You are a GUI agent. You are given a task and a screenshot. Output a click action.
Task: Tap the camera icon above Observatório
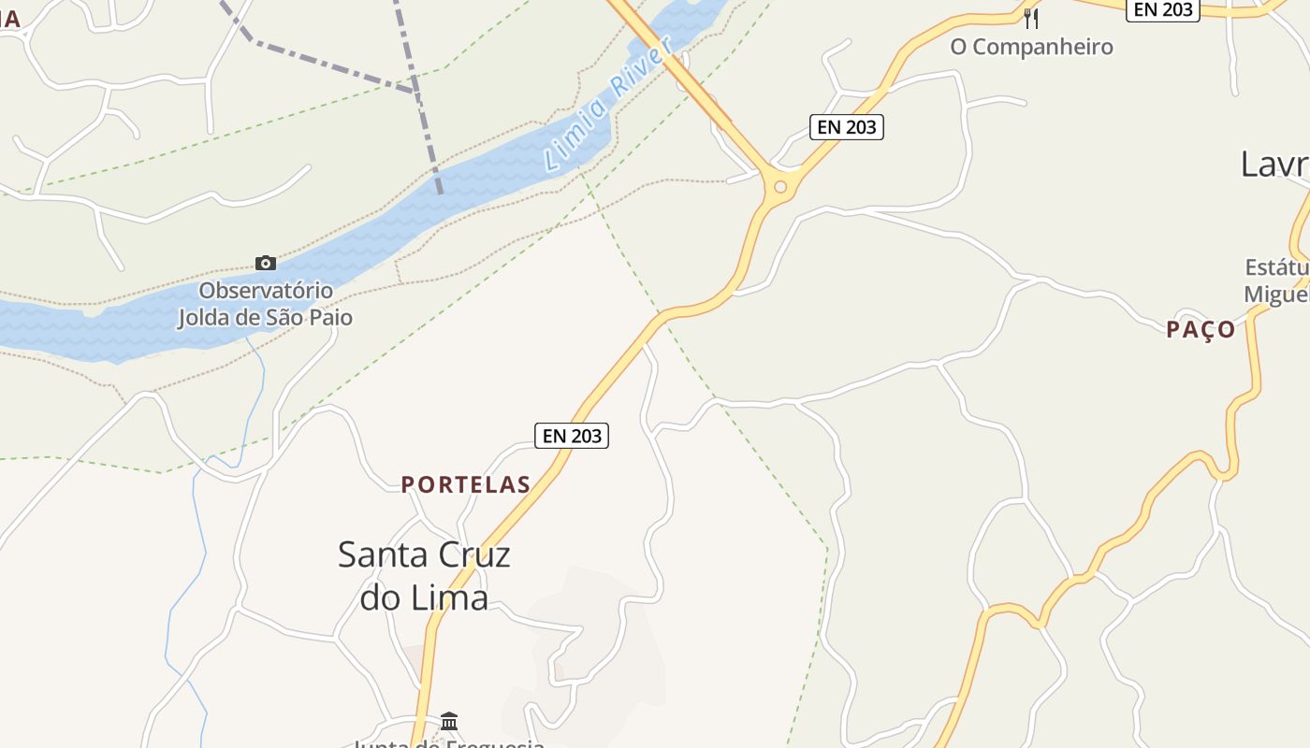(x=266, y=263)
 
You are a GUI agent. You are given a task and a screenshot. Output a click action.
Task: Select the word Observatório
(x=266, y=291)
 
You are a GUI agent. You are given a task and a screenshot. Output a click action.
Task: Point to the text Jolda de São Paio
(x=266, y=317)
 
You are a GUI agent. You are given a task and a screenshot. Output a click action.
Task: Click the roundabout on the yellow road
(x=779, y=187)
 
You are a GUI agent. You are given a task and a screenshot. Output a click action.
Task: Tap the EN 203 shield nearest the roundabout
(x=846, y=127)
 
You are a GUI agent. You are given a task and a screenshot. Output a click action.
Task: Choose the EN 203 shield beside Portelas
(x=572, y=436)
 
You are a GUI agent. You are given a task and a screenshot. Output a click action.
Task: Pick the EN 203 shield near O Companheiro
(x=1163, y=10)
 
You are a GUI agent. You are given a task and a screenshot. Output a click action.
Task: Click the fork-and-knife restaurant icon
(x=1031, y=18)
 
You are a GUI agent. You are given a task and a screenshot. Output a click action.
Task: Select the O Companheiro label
(x=1031, y=47)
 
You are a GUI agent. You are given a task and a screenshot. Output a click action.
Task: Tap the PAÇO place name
(x=1201, y=330)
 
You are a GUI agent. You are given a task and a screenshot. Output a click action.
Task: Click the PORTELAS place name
(x=466, y=484)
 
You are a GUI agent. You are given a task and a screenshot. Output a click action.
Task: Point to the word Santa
(x=381, y=554)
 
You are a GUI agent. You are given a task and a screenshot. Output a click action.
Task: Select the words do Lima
(x=424, y=597)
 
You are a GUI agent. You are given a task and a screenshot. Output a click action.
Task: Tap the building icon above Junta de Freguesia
(x=449, y=721)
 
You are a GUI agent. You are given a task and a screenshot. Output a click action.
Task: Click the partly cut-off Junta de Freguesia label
(x=449, y=743)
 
